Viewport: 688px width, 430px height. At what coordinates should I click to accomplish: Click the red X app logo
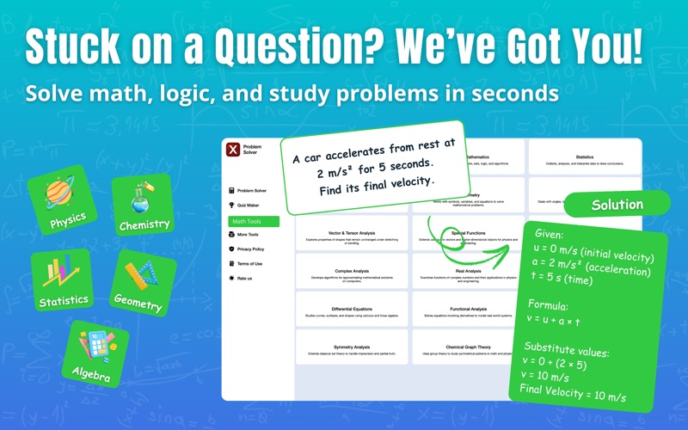pyautogui.click(x=232, y=150)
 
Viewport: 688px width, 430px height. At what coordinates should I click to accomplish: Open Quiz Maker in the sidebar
pyautogui.click(x=249, y=206)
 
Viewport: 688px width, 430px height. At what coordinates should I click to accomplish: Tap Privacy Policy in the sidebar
pyautogui.click(x=251, y=249)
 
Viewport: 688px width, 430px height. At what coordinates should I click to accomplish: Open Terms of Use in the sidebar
pyautogui.click(x=250, y=264)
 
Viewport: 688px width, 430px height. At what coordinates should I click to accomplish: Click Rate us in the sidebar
pyautogui.click(x=246, y=279)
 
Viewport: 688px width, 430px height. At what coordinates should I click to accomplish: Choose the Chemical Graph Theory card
pyautogui.click(x=469, y=350)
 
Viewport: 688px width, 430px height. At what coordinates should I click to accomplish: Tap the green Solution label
pyautogui.click(x=617, y=205)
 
